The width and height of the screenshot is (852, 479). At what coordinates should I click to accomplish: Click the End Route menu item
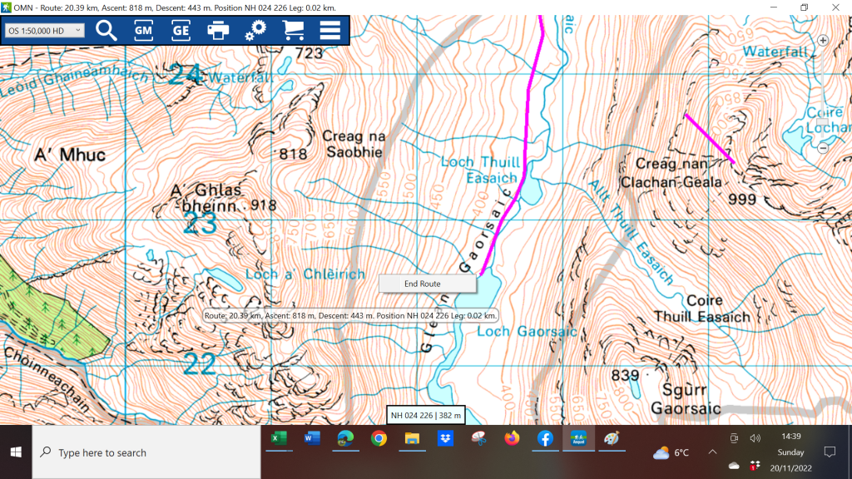pos(423,284)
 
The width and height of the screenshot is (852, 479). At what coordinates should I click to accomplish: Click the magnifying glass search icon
pos(106,31)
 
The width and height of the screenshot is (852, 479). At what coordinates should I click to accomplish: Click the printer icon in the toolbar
pos(218,31)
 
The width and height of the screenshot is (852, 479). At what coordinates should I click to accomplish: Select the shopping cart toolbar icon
pos(293,31)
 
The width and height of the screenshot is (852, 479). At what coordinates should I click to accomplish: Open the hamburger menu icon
pos(330,31)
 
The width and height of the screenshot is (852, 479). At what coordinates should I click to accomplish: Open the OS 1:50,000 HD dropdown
pos(44,31)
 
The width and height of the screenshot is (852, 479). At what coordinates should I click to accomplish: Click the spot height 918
pos(262,205)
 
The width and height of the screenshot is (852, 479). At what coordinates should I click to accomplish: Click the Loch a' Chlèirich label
pos(305,274)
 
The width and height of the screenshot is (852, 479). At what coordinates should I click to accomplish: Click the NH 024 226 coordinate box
pos(426,415)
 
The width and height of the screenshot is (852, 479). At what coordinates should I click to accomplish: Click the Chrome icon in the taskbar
pos(379,438)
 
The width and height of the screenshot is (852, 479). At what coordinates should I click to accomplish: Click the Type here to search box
pos(146,453)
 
